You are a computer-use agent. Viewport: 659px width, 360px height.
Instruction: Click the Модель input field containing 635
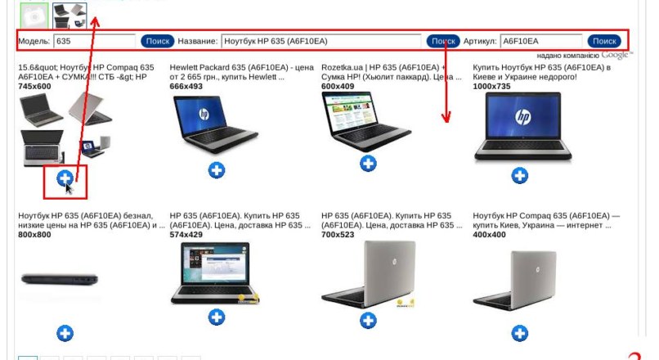[x=94, y=41]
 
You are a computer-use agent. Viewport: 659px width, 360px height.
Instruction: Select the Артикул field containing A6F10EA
[x=540, y=41]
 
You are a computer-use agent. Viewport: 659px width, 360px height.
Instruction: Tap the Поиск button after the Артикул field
[x=604, y=41]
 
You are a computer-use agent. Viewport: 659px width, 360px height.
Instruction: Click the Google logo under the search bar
[x=617, y=55]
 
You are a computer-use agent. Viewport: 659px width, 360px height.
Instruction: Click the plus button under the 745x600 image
[x=65, y=178]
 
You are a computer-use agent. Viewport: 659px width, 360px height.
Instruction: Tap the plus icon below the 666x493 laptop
[x=217, y=169]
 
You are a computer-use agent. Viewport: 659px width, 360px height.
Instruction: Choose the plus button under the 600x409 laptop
[x=369, y=164]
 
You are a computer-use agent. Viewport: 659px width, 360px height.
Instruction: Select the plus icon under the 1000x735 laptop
[x=520, y=175]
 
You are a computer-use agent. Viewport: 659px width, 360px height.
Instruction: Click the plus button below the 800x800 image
[x=65, y=333]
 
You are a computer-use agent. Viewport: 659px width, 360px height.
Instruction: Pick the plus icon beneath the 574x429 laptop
[x=217, y=317]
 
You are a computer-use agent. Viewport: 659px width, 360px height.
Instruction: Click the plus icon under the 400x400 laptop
[x=520, y=332]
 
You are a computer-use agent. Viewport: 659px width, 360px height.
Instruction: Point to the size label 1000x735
[x=492, y=86]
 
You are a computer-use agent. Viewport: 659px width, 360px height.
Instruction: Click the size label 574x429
[x=186, y=235]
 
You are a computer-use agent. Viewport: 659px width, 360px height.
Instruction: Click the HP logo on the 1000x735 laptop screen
[x=522, y=117]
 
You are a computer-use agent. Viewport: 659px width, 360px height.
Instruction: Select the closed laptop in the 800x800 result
[x=58, y=278]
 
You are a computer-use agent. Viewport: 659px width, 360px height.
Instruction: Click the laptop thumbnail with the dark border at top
[x=69, y=13]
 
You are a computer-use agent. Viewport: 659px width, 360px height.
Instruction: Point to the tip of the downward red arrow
[x=446, y=121]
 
